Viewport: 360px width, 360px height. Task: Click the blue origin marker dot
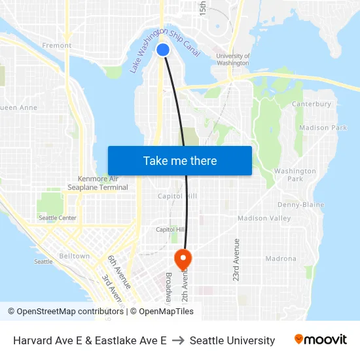pyautogui.click(x=164, y=50)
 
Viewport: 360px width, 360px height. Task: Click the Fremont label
pyautogui.click(x=56, y=46)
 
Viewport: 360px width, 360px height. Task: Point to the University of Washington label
pyautogui.click(x=232, y=60)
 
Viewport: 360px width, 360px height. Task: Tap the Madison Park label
pyautogui.click(x=323, y=128)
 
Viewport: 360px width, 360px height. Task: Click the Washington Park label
pyautogui.click(x=295, y=175)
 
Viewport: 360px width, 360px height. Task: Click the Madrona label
pyautogui.click(x=281, y=259)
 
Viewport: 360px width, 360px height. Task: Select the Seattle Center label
pyautogui.click(x=58, y=218)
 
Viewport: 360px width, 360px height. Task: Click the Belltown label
pyautogui.click(x=74, y=256)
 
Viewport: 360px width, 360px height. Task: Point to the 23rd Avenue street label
pyautogui.click(x=236, y=260)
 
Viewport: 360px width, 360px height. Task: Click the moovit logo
pyautogui.click(x=321, y=340)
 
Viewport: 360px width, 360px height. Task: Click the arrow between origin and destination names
pyautogui.click(x=178, y=340)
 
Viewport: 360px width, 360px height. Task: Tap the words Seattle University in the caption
pyautogui.click(x=232, y=340)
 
